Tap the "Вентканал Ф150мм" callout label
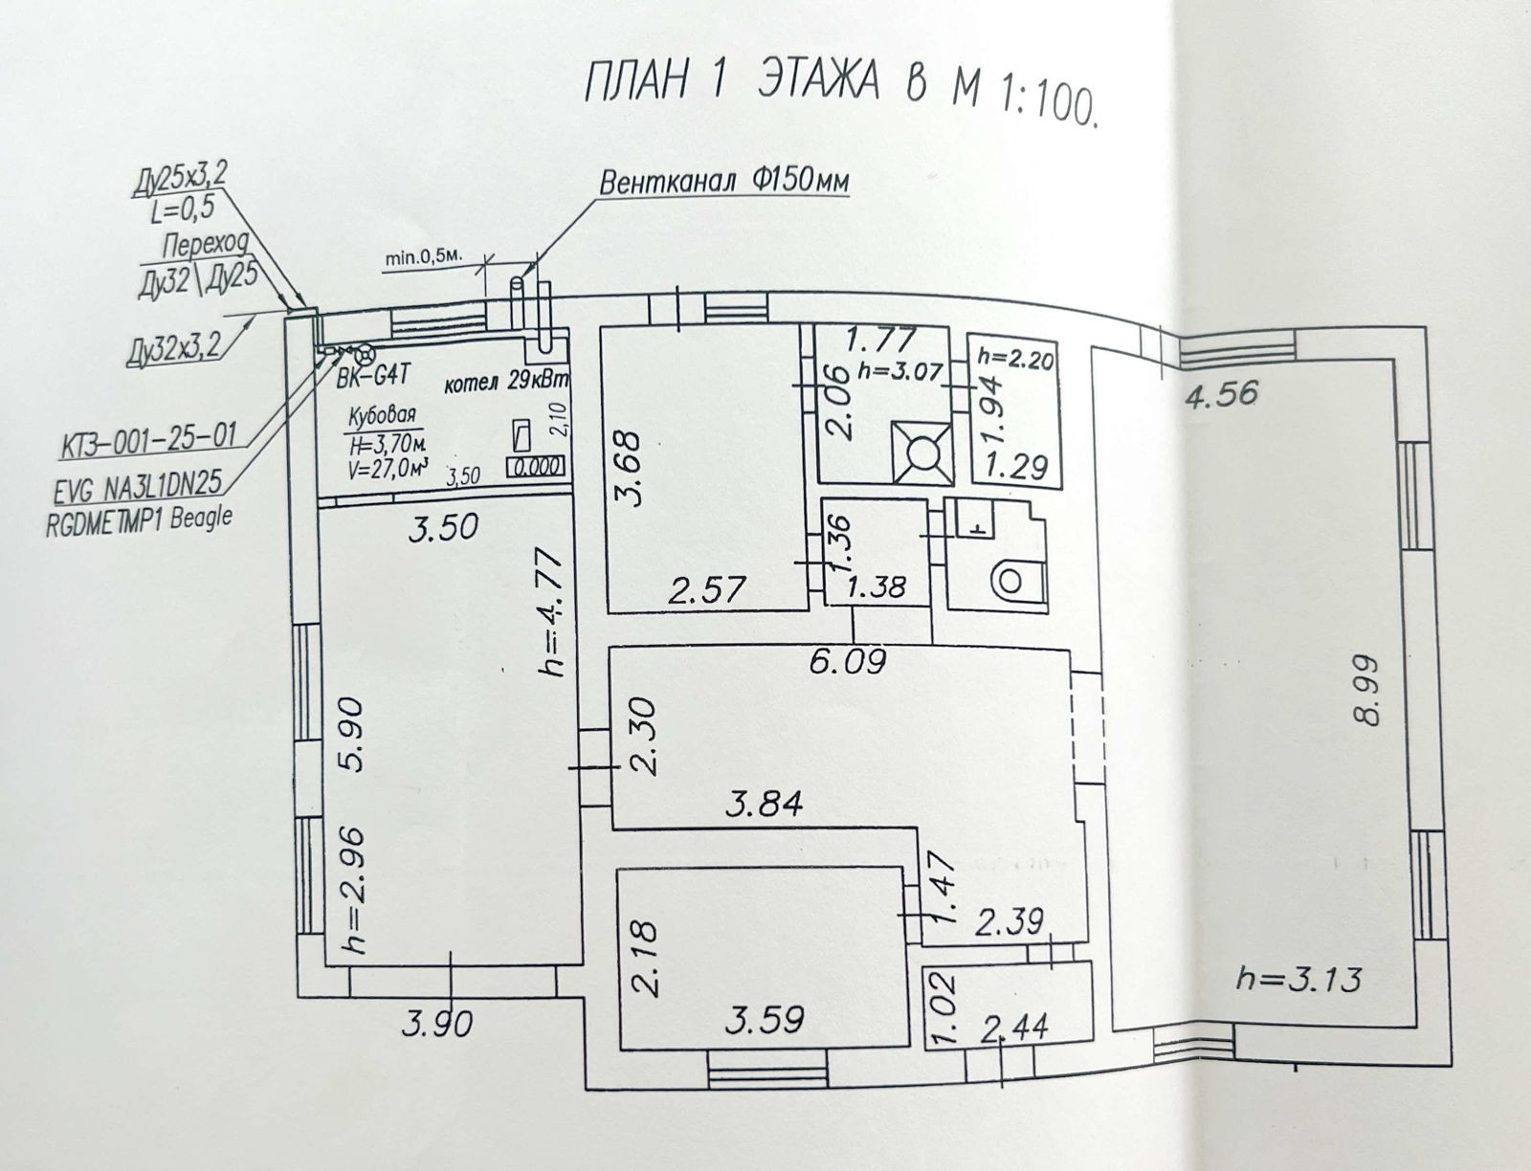click(724, 182)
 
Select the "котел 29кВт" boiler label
click(506, 383)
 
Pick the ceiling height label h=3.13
click(1298, 979)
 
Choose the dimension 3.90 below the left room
click(436, 1026)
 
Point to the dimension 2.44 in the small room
click(1014, 1027)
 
